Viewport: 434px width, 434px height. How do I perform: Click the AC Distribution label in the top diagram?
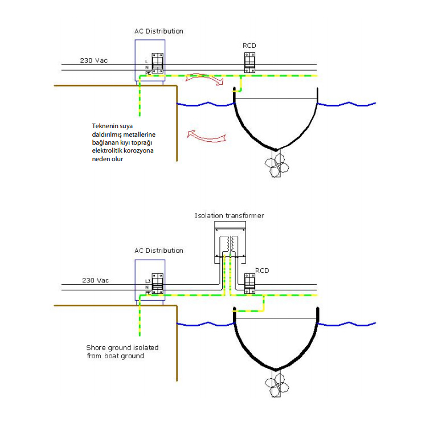click(x=159, y=31)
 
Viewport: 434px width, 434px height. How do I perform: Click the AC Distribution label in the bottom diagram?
click(x=159, y=251)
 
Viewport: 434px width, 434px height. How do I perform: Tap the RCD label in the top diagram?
click(x=249, y=46)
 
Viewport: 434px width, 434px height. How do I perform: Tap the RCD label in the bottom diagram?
click(x=262, y=270)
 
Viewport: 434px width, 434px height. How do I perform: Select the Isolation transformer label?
click(x=229, y=216)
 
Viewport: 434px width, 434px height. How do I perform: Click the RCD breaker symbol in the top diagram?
click(x=249, y=63)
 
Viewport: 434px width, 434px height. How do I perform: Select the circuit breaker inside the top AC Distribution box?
click(x=157, y=65)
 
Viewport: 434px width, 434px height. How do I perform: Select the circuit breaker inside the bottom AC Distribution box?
click(x=157, y=285)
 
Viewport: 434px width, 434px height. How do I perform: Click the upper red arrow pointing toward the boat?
click(x=206, y=79)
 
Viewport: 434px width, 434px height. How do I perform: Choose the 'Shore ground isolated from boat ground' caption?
click(x=122, y=351)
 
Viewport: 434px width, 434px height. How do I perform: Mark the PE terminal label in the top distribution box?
click(x=148, y=73)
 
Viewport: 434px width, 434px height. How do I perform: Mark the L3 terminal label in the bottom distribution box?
click(x=148, y=281)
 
